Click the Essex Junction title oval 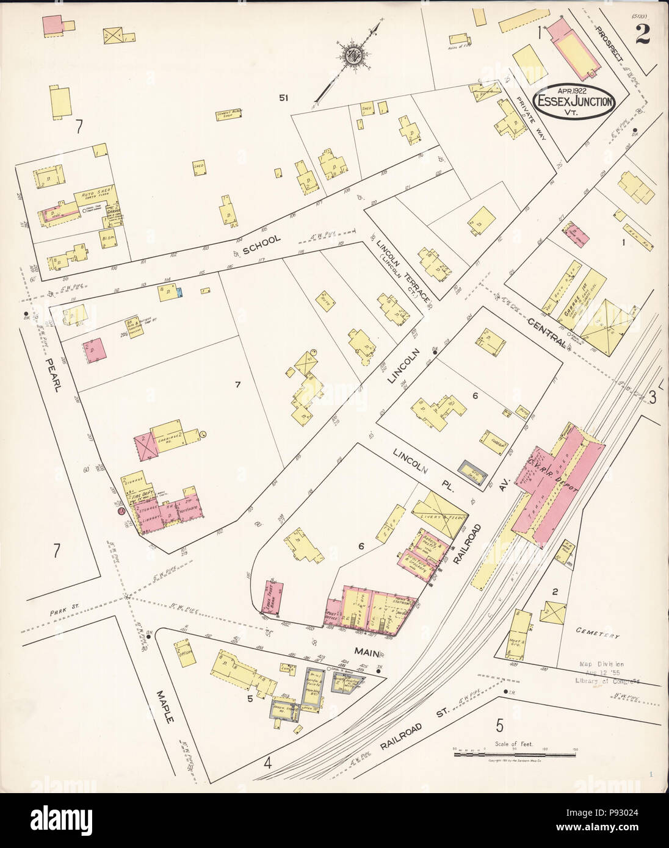(x=574, y=101)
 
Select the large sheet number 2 (x=642, y=35)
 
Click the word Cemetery (x=598, y=634)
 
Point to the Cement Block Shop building (x=230, y=115)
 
